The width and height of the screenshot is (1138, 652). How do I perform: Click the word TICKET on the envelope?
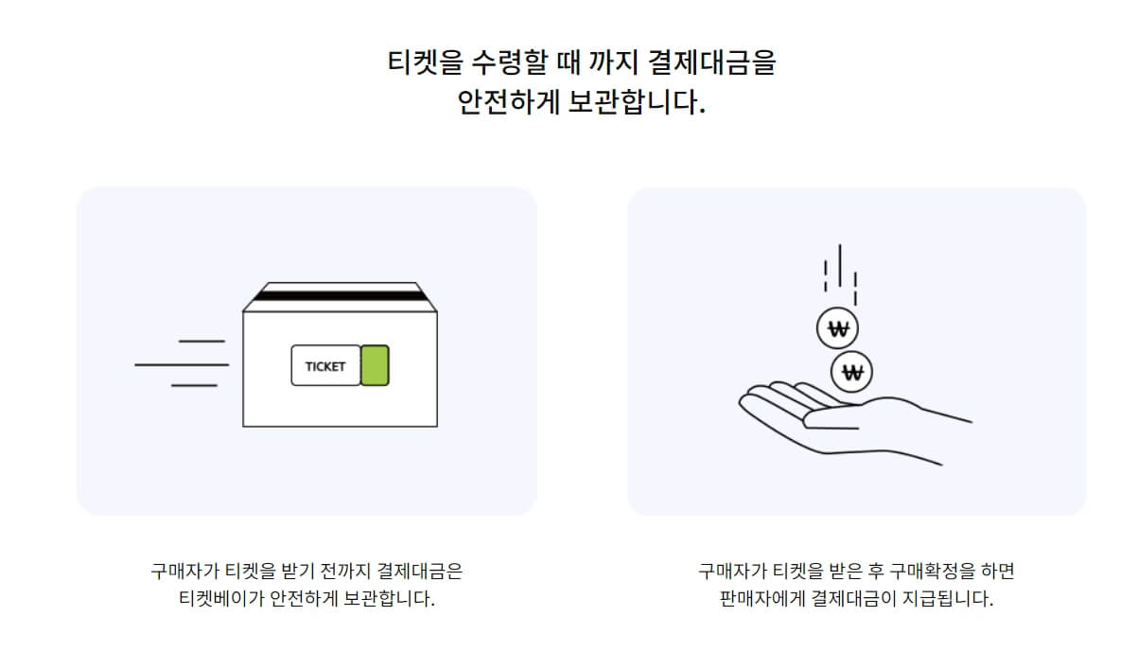325,366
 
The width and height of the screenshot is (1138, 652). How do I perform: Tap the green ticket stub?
375,365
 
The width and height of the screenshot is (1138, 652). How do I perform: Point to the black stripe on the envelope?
341,296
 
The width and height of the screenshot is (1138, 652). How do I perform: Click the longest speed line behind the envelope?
182,364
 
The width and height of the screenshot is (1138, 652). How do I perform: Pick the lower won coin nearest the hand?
852,372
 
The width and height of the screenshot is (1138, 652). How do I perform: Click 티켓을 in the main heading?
413,63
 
